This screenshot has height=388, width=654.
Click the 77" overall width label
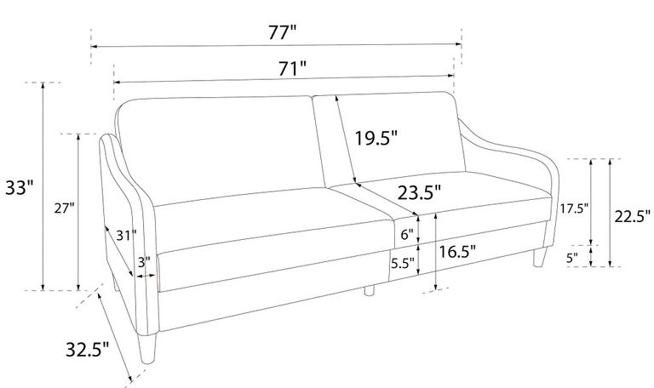coord(282,32)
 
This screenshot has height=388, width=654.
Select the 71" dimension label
coord(292,69)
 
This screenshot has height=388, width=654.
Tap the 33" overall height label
coord(19,187)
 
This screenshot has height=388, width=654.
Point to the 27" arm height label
coord(64,208)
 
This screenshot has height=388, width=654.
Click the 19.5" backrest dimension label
coord(376,138)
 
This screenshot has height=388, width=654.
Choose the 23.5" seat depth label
coord(419,193)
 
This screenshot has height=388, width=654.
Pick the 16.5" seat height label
coord(457,251)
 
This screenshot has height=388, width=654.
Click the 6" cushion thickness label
coord(407,235)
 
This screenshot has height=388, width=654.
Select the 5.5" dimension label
coord(403,263)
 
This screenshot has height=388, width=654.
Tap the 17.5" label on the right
coord(574,208)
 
